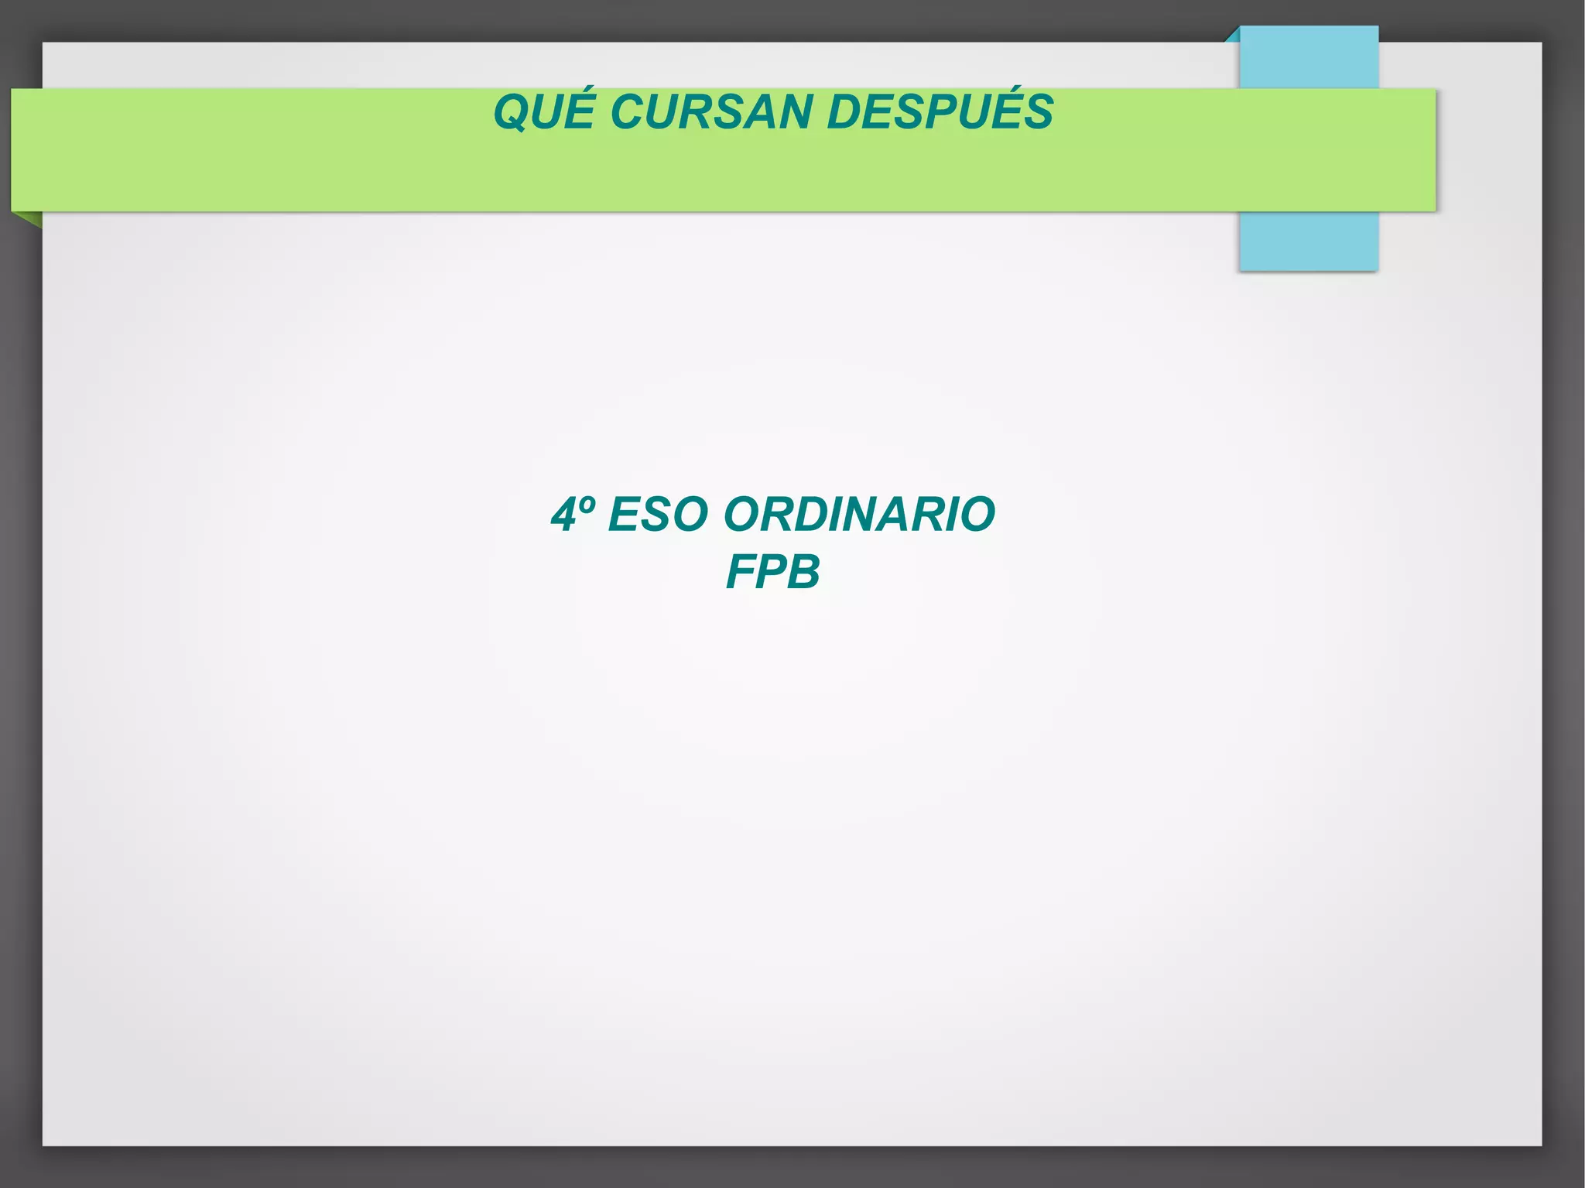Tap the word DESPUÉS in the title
pos(940,112)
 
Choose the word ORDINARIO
pos(859,515)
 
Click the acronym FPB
pos(772,572)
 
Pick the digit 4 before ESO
pos(563,515)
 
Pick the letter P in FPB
pos(772,572)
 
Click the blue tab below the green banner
pos(1308,241)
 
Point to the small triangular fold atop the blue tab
pos(1233,35)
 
